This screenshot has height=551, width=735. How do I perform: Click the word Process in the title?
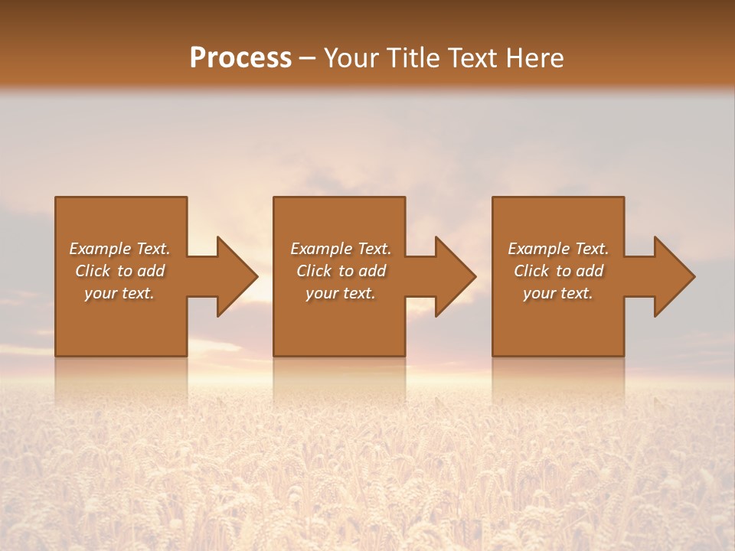[240, 58]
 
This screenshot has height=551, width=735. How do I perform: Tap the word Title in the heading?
[415, 58]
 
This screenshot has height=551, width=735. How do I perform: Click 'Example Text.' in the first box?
[119, 249]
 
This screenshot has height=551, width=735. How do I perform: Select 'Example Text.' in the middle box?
[340, 249]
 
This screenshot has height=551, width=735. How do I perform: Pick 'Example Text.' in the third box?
[558, 249]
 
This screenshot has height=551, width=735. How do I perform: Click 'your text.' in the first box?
[119, 293]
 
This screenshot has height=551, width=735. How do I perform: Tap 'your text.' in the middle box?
[340, 293]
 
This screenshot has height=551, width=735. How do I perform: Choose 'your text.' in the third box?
[558, 293]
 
